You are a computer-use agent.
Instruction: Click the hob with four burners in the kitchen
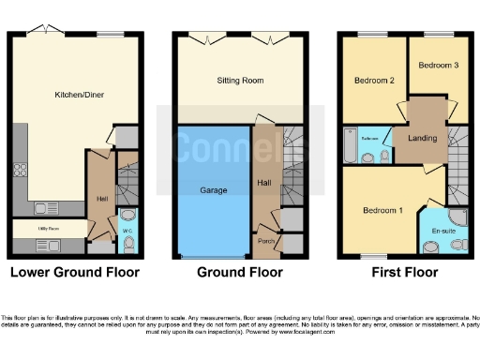[19, 172]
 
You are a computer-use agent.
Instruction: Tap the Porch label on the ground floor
[266, 241]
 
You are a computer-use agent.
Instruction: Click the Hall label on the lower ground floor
[100, 198]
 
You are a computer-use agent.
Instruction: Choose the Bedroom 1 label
[382, 210]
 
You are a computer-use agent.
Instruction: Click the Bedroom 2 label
[373, 81]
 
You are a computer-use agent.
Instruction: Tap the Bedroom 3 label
[438, 66]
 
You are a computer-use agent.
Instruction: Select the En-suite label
[442, 230]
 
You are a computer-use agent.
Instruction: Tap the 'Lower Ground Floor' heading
[74, 273]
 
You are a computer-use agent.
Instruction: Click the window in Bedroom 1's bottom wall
[375, 255]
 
